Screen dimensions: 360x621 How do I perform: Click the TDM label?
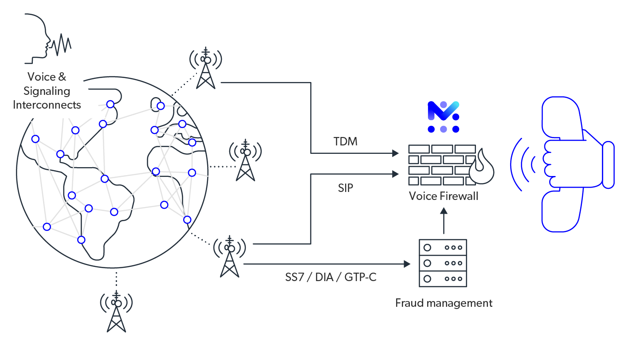tap(346, 142)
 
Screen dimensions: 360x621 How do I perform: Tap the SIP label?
tap(346, 188)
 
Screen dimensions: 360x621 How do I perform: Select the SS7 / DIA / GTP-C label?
tap(331, 278)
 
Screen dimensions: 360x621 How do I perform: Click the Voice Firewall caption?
tap(443, 196)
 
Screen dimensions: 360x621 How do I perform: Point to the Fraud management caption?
tap(444, 303)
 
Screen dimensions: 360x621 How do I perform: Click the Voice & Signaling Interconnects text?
tap(47, 91)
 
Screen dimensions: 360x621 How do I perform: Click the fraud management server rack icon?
tap(443, 263)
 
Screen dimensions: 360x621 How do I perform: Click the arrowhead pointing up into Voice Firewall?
tap(444, 212)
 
